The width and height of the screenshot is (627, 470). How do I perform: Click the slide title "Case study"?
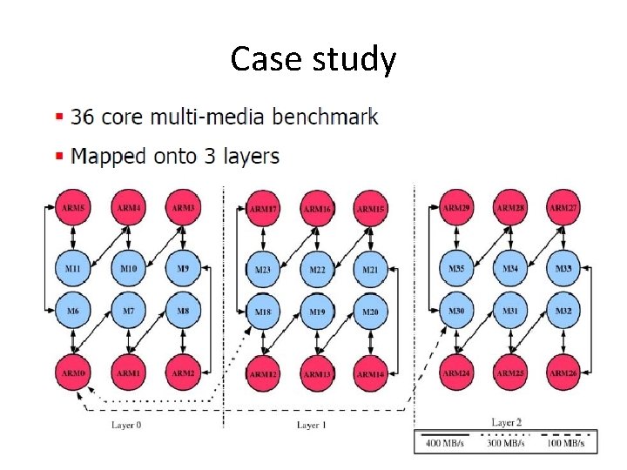(313, 59)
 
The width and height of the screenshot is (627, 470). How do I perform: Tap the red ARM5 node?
(74, 209)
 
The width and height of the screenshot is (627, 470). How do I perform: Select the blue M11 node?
(74, 270)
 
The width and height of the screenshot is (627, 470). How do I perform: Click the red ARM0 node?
(74, 373)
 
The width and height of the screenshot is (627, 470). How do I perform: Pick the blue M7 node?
(129, 311)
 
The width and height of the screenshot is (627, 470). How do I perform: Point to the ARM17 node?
(263, 210)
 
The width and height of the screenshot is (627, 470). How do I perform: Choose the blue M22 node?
(317, 271)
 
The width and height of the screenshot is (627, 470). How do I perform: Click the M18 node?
(263, 312)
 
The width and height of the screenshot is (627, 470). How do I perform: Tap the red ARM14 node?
(371, 374)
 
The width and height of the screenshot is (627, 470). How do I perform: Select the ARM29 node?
(457, 209)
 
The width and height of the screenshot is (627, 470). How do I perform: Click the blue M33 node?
(564, 270)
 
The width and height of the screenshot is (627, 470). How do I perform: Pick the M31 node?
(510, 311)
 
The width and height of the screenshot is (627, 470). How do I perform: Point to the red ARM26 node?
(564, 373)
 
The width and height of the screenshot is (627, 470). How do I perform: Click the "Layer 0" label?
(126, 425)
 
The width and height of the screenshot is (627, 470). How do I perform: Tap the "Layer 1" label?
(312, 425)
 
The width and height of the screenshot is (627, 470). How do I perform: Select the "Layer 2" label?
(507, 422)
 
